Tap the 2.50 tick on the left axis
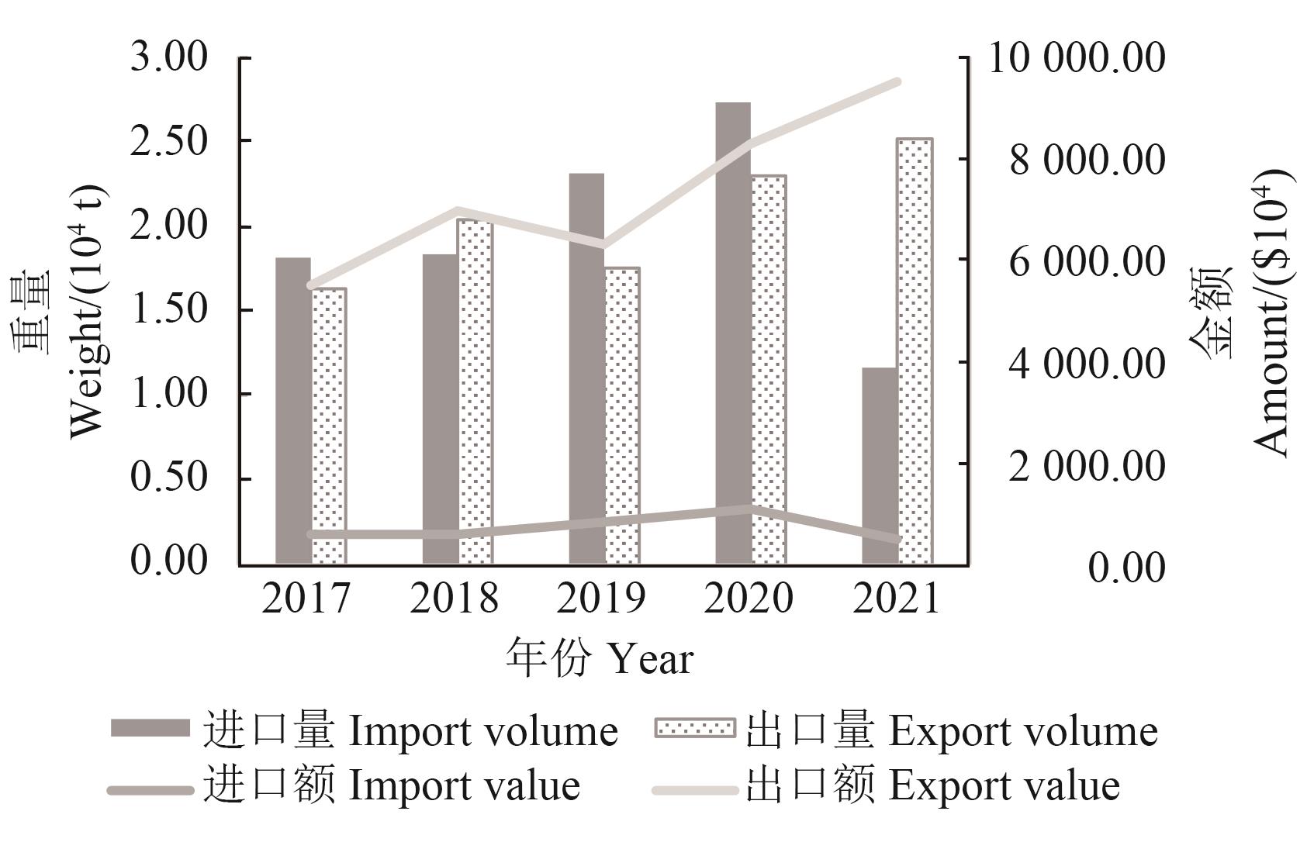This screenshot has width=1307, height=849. click(169, 142)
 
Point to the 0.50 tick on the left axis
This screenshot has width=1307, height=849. click(169, 478)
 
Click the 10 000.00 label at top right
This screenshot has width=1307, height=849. click(1076, 58)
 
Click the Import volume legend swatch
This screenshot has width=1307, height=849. click(150, 729)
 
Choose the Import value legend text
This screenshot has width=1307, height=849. click(464, 786)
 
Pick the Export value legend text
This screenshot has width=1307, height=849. click(1004, 786)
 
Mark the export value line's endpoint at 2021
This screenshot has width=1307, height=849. click(897, 81)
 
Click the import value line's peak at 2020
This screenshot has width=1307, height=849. click(749, 509)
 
